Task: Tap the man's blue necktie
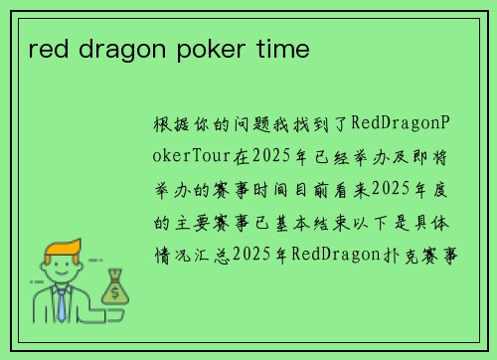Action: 61,303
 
